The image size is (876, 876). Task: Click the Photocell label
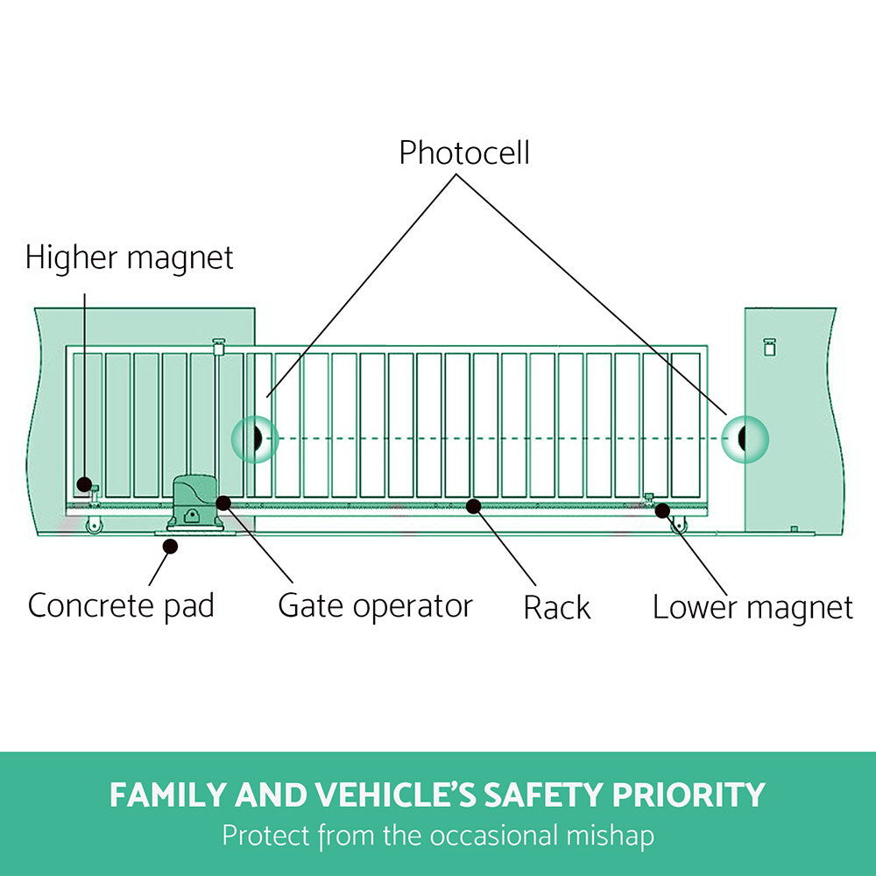click(x=464, y=153)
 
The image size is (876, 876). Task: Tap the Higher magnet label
click(x=130, y=258)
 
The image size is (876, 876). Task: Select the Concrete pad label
click(x=121, y=605)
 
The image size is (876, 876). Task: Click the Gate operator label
click(x=375, y=605)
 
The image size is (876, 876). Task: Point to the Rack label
click(x=557, y=607)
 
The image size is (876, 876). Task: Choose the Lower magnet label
click(x=752, y=607)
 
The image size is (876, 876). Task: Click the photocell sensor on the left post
click(x=255, y=438)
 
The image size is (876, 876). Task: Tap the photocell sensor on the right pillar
click(x=744, y=438)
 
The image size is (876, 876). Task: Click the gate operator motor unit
click(x=194, y=504)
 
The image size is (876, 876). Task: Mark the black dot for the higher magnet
click(x=83, y=484)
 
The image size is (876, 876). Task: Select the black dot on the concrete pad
click(x=171, y=546)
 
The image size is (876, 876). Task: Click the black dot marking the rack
click(x=473, y=505)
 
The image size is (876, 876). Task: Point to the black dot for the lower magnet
click(x=662, y=510)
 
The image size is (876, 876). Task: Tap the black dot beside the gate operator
click(x=223, y=503)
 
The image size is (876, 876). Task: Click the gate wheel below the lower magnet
click(x=679, y=526)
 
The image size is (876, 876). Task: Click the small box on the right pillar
click(x=769, y=346)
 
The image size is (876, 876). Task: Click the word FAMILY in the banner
click(x=166, y=795)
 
